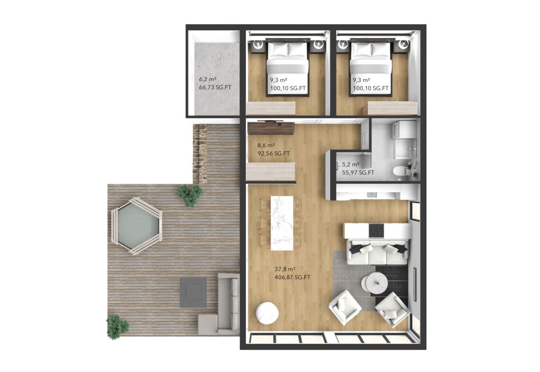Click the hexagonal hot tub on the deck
[137, 226]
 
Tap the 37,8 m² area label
[285, 269]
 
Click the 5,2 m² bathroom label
[351, 164]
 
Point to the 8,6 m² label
[266, 145]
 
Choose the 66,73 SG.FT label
[215, 87]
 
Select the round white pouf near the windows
[267, 313]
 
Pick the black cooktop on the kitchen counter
[377, 230]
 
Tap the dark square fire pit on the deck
[194, 292]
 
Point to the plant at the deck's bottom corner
[117, 327]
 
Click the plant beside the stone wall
[190, 195]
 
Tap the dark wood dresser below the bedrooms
[270, 128]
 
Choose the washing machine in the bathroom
[404, 129]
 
